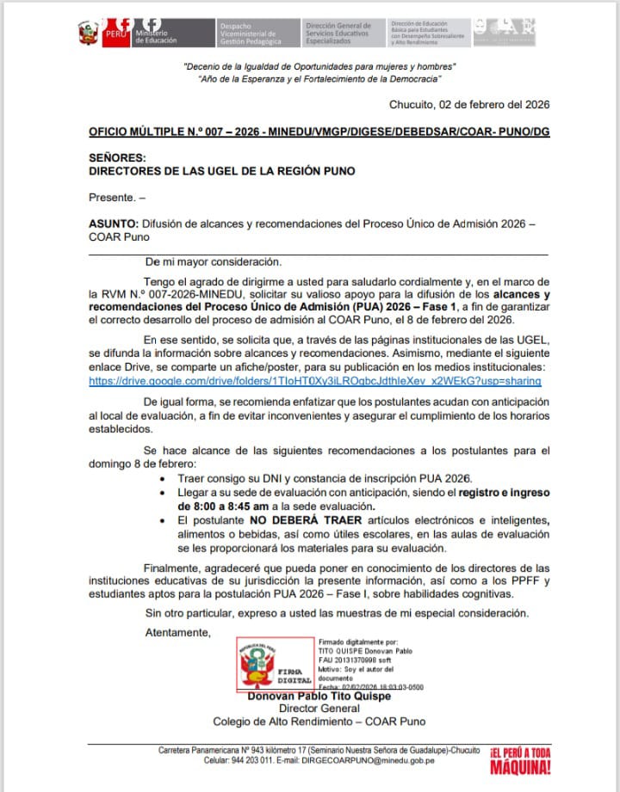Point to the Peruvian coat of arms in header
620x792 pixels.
(x=88, y=34)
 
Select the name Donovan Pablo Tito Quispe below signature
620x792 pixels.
(x=319, y=697)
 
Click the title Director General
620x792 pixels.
(x=319, y=709)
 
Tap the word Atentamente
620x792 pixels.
(x=177, y=633)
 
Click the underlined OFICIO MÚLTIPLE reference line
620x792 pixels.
(x=319, y=132)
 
